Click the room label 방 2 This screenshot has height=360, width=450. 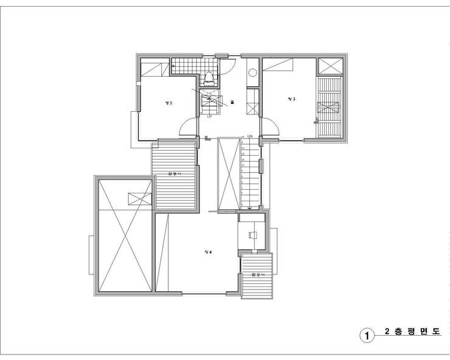coord(168,103)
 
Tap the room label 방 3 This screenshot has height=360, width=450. coord(292,99)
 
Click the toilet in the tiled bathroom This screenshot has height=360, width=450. coord(209,78)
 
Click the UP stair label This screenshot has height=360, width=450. coord(210,117)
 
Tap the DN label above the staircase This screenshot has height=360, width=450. coord(249,137)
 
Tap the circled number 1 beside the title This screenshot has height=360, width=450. coord(366,335)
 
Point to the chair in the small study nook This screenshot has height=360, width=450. coord(251,234)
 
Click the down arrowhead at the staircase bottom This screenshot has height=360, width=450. coord(249,207)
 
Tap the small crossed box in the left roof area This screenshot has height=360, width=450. coord(139,198)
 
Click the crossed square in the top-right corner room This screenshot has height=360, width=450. coord(330,66)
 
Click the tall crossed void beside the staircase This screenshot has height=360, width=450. coord(229,173)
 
